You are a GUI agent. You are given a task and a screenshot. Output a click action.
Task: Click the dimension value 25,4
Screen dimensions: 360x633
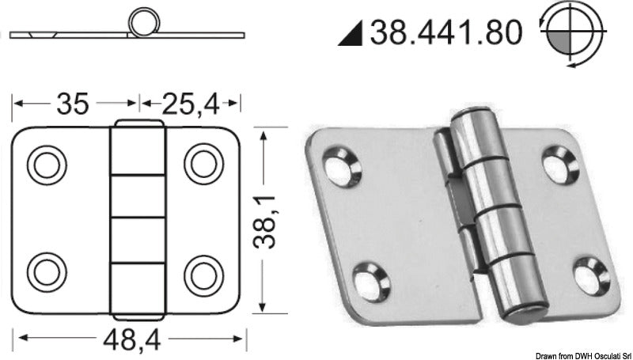point(191,102)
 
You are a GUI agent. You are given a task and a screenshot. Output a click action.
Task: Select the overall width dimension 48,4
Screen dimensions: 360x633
point(133,343)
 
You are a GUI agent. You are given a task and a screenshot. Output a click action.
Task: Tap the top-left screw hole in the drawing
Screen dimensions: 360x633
point(44,163)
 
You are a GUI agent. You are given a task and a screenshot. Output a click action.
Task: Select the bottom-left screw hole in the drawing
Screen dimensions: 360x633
point(44,273)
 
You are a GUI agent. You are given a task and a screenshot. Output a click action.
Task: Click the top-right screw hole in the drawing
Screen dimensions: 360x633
point(203,163)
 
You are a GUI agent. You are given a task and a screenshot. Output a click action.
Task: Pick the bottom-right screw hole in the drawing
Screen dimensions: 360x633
point(203,273)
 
